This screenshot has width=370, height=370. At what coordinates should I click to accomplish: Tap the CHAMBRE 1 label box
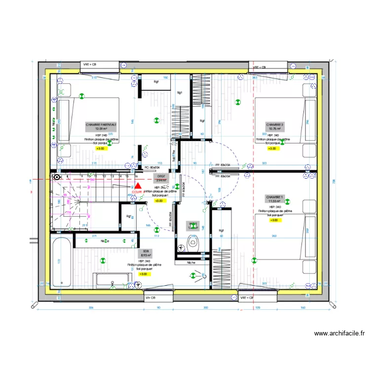pyautogui.click(x=274, y=198)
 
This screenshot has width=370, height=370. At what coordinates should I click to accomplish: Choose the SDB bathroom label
pyautogui.click(x=145, y=253)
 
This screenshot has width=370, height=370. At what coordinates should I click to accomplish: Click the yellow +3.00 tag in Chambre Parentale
pyautogui.click(x=101, y=148)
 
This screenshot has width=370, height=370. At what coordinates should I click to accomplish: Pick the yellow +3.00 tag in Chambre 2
pyautogui.click(x=272, y=148)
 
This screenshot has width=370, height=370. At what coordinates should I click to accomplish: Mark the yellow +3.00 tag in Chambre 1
pyautogui.click(x=274, y=221)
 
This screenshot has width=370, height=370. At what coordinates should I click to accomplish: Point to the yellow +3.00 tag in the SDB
pyautogui.click(x=143, y=274)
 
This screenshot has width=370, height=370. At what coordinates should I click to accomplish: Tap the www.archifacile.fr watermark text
pyautogui.click(x=339, y=333)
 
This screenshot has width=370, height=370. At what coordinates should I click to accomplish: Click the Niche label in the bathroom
pyautogui.click(x=105, y=241)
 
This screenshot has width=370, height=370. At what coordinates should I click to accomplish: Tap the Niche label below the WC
pyautogui.click(x=191, y=262)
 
